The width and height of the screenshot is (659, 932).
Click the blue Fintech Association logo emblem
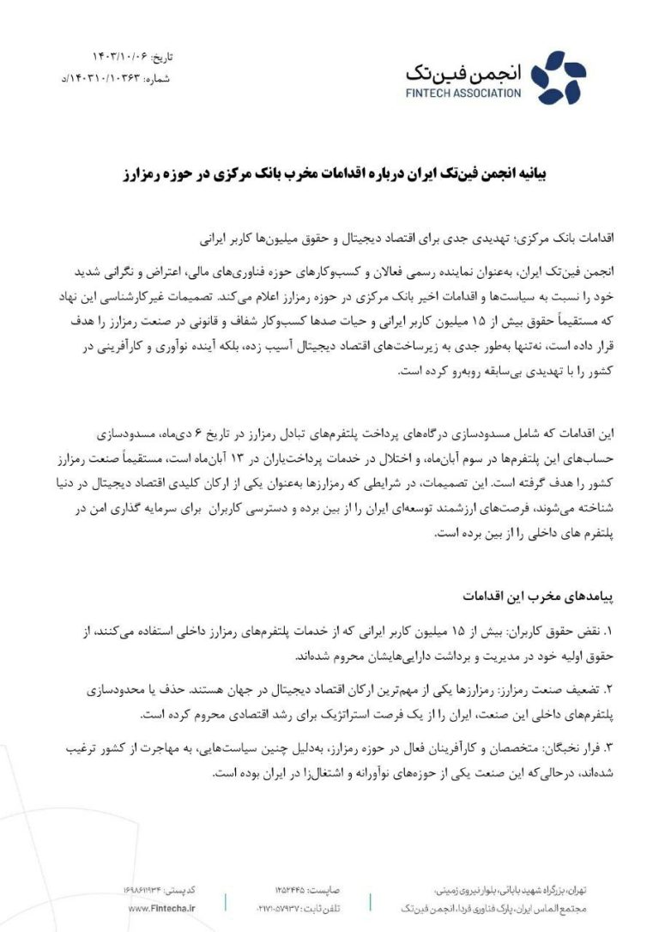click(x=558, y=76)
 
